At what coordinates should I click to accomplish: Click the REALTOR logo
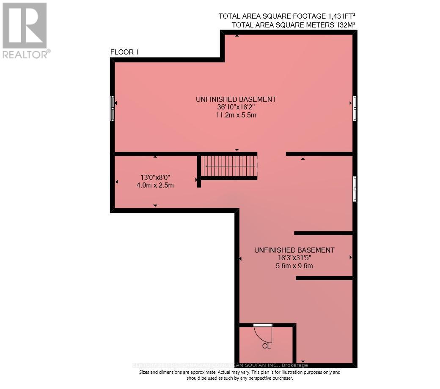(x=25, y=30)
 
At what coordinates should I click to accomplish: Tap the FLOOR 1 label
(x=124, y=52)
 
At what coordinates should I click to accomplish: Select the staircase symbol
(x=229, y=166)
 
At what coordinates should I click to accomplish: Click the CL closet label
(x=266, y=346)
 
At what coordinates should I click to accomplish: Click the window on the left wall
(x=113, y=109)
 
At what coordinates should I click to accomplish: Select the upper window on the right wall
(x=355, y=109)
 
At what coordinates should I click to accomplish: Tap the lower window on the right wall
(x=355, y=189)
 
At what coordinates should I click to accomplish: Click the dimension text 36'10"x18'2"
(x=236, y=107)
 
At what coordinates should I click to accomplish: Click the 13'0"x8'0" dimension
(x=155, y=177)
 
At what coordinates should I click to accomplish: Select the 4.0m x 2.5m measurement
(x=155, y=185)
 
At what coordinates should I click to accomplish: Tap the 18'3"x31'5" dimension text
(x=294, y=258)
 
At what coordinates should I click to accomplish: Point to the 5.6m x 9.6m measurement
(x=294, y=266)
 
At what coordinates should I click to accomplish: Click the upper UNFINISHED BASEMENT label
(x=236, y=99)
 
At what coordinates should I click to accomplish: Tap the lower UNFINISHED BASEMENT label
(x=294, y=250)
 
